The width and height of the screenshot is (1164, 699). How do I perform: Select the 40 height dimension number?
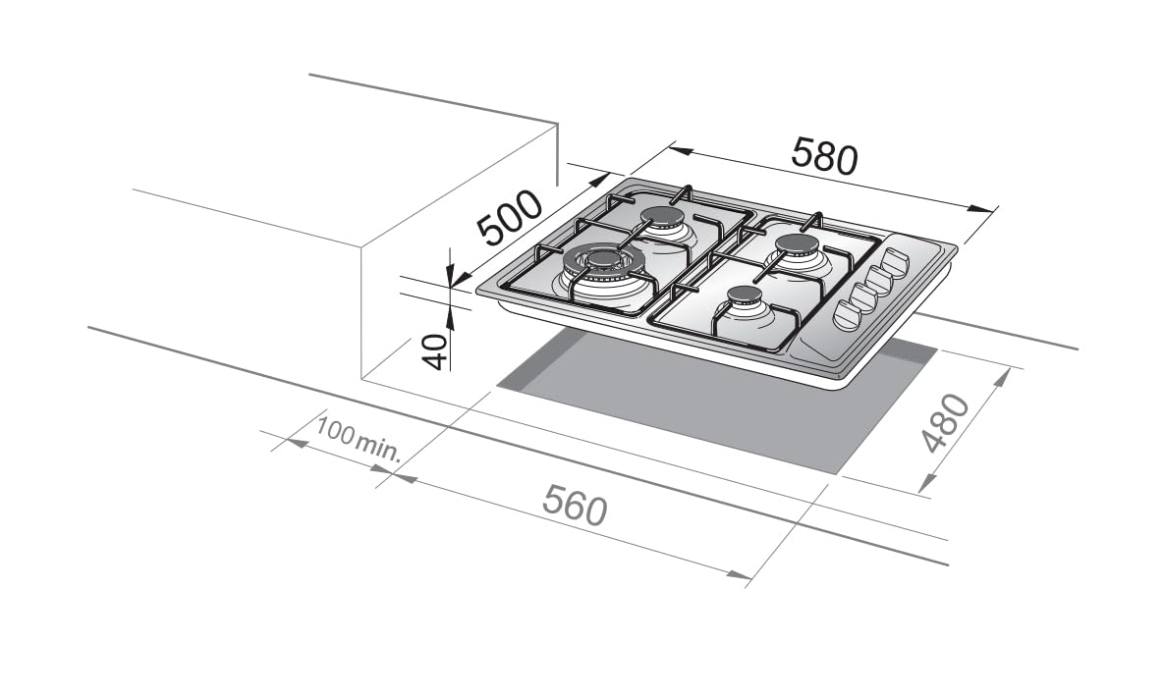437,350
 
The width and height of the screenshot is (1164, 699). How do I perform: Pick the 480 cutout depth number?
945,423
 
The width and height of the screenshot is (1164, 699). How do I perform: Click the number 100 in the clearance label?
334,430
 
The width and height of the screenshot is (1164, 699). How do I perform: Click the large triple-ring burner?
603,263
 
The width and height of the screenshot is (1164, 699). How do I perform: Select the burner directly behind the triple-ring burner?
662,218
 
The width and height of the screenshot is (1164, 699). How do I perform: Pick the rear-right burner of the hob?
797,244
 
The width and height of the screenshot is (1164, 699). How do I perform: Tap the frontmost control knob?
847,314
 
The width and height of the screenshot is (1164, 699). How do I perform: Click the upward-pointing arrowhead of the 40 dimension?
450,315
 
